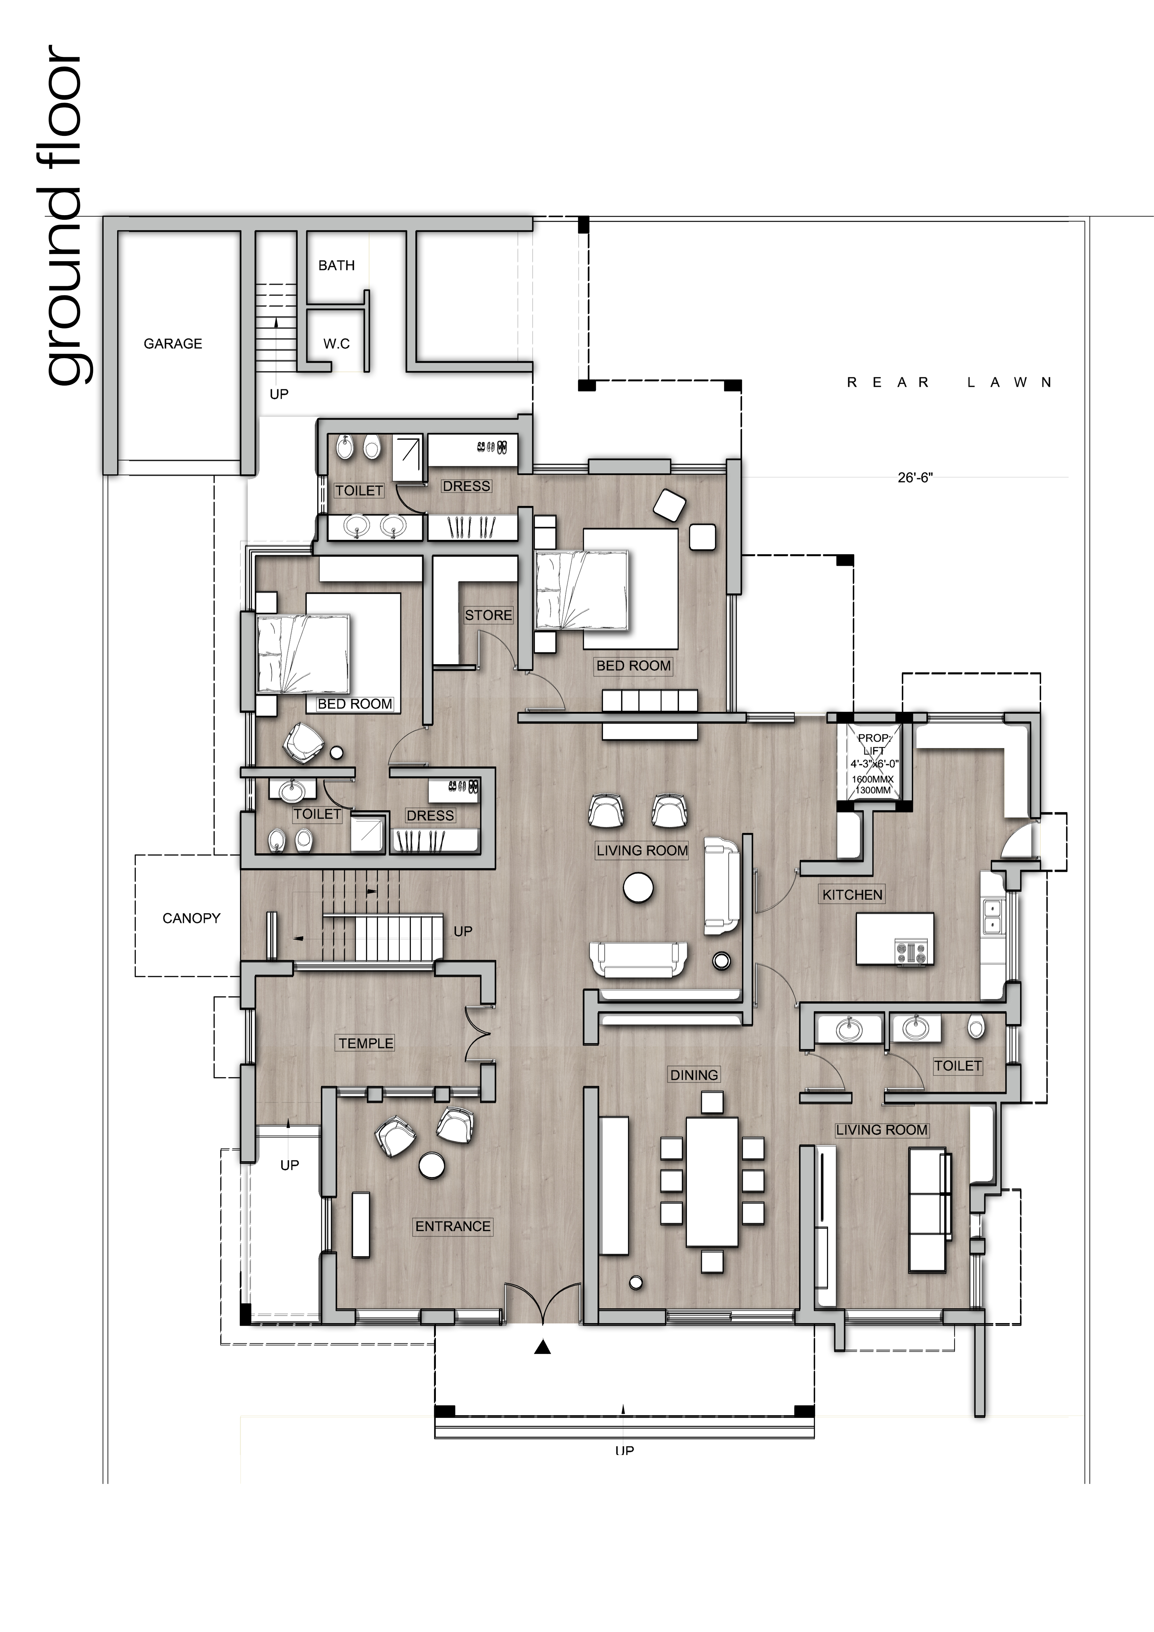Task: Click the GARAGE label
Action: click(x=173, y=344)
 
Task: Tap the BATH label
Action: click(x=336, y=265)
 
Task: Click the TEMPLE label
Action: click(x=365, y=1043)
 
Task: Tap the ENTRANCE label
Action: click(x=453, y=1226)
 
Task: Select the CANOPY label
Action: click(x=191, y=918)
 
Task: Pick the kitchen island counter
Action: click(x=895, y=939)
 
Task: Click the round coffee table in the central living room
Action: click(x=638, y=888)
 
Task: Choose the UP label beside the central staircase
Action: click(x=463, y=931)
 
